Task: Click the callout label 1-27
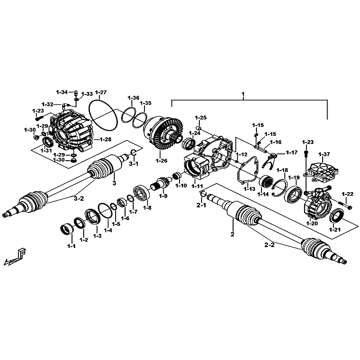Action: coord(101,93)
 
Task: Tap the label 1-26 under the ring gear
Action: coord(162,161)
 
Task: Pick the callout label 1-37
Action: coord(324,154)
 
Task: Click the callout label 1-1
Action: coord(71,246)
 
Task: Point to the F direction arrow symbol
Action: coord(15,257)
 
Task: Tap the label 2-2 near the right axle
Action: coord(269,245)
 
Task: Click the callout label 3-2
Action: coord(79,198)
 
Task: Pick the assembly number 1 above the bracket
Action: coord(243,94)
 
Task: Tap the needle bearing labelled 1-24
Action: coord(189,143)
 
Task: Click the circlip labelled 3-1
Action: coord(133,153)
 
